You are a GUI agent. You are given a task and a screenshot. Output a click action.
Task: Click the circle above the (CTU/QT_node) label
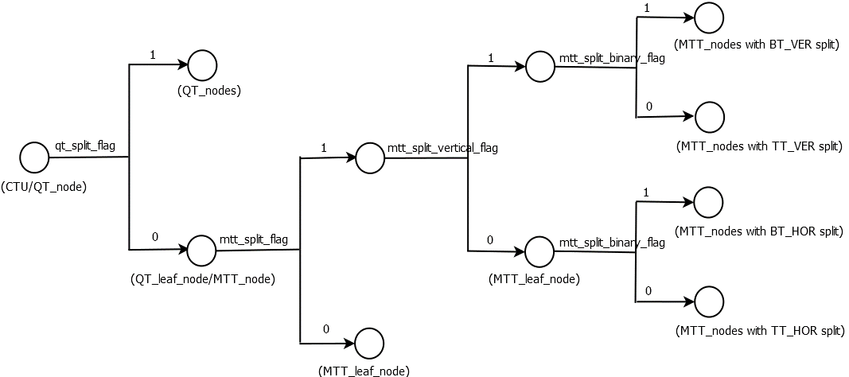[x=34, y=157]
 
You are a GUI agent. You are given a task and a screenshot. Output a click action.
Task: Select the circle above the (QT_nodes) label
[x=202, y=65]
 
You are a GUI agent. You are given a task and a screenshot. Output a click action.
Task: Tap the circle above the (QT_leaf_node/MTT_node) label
[x=201, y=251]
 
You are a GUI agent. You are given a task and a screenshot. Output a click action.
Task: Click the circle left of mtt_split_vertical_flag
[x=370, y=157]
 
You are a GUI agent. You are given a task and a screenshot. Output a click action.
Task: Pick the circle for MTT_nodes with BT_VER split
[x=709, y=17]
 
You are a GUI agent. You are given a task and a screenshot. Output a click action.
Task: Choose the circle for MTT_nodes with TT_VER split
[x=710, y=117]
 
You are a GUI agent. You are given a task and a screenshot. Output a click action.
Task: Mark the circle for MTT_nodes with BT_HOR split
[x=709, y=203]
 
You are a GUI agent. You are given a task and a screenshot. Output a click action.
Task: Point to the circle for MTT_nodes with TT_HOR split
[x=709, y=302]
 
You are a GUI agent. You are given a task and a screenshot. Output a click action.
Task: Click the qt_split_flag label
[x=85, y=146]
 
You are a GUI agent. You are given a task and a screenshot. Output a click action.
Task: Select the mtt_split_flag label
[x=254, y=239]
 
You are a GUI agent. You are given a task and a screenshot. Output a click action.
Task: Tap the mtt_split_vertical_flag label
[x=442, y=148]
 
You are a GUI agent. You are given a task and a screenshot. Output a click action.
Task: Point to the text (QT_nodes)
[x=209, y=91]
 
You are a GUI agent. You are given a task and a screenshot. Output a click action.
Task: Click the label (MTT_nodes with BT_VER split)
[x=756, y=45]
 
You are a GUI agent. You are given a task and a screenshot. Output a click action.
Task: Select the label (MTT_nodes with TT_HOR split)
[x=758, y=330]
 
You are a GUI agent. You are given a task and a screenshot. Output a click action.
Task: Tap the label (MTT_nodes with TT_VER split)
[x=758, y=146]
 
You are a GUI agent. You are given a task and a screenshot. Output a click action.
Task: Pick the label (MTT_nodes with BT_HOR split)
[x=758, y=231]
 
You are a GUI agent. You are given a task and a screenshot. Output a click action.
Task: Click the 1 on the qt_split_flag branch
[x=152, y=55]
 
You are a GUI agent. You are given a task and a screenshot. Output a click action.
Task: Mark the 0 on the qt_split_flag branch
[x=154, y=237]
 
